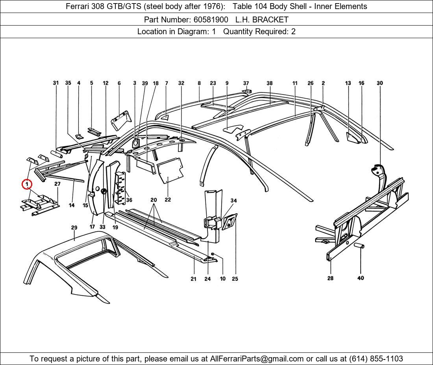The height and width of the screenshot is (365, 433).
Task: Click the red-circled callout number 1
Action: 27,184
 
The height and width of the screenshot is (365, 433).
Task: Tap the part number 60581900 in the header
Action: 211,20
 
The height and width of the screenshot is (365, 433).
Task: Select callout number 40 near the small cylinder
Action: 361,278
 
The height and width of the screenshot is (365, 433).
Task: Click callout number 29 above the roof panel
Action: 74,228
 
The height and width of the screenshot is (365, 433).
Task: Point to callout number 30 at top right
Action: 380,83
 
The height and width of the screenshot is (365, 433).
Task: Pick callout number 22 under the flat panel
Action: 168,199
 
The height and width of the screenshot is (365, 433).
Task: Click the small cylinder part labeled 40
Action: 359,245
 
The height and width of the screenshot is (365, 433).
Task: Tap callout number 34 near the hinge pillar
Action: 233,201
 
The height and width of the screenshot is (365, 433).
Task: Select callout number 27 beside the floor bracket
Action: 57,184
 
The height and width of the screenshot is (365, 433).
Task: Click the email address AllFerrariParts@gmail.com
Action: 257,359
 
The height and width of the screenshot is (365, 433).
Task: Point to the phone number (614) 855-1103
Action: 376,359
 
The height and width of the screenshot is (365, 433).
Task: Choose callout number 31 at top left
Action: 56,83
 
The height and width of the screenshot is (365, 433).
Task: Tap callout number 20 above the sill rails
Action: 154,200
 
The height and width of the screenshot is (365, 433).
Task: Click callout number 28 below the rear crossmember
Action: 330,278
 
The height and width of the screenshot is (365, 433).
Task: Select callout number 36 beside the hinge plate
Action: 129,200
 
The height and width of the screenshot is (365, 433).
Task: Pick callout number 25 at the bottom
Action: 235,278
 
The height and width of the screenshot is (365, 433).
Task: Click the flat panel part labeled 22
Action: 170,170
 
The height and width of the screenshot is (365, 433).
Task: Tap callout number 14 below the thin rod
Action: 72,205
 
